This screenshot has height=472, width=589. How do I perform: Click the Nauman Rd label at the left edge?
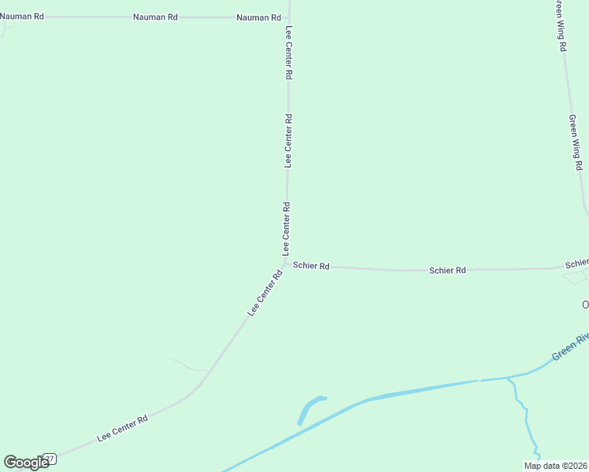21,16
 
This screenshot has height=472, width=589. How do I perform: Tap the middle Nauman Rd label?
155,17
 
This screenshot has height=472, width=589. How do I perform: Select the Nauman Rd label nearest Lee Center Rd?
258,17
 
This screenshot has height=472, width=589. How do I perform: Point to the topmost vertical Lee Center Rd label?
289,53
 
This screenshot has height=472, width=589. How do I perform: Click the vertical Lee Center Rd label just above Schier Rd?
287,228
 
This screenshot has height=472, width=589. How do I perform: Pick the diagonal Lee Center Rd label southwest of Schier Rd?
265,293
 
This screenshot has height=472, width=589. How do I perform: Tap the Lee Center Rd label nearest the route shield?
122,429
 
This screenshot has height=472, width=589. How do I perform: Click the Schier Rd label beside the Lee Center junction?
311,266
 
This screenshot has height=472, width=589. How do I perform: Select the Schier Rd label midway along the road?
447,271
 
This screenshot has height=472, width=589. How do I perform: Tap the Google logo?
27,463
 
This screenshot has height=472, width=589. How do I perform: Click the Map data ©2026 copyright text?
555,466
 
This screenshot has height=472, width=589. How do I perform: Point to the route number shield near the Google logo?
50,459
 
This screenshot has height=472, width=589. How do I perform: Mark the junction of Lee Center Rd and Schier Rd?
286,264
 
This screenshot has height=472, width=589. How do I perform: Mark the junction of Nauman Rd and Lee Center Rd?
289,17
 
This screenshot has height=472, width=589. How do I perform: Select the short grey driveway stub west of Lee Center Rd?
189,366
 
